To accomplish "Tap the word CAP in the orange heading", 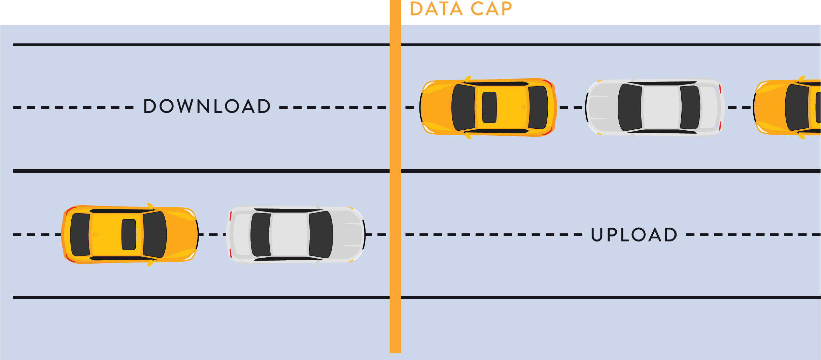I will pos(491,9).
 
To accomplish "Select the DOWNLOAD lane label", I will pos(207,106).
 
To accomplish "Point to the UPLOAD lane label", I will pos(634,235).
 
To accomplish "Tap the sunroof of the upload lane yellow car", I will pos(129,235).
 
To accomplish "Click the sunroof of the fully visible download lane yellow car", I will pos(489,107).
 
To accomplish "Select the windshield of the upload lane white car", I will pos(321,235).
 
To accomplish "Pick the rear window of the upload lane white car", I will pos(261,235).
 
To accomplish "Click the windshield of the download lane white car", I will pos(629,107).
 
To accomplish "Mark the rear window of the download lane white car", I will pos(690,107).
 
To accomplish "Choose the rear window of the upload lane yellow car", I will pos(80,235).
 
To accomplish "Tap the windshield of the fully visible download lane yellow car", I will pos(463,107).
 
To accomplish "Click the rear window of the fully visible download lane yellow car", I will pos(538,107).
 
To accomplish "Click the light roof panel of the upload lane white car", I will pos(289,235).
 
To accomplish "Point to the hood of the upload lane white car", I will pos(348,235).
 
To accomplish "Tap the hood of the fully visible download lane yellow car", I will pos(436,107).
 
